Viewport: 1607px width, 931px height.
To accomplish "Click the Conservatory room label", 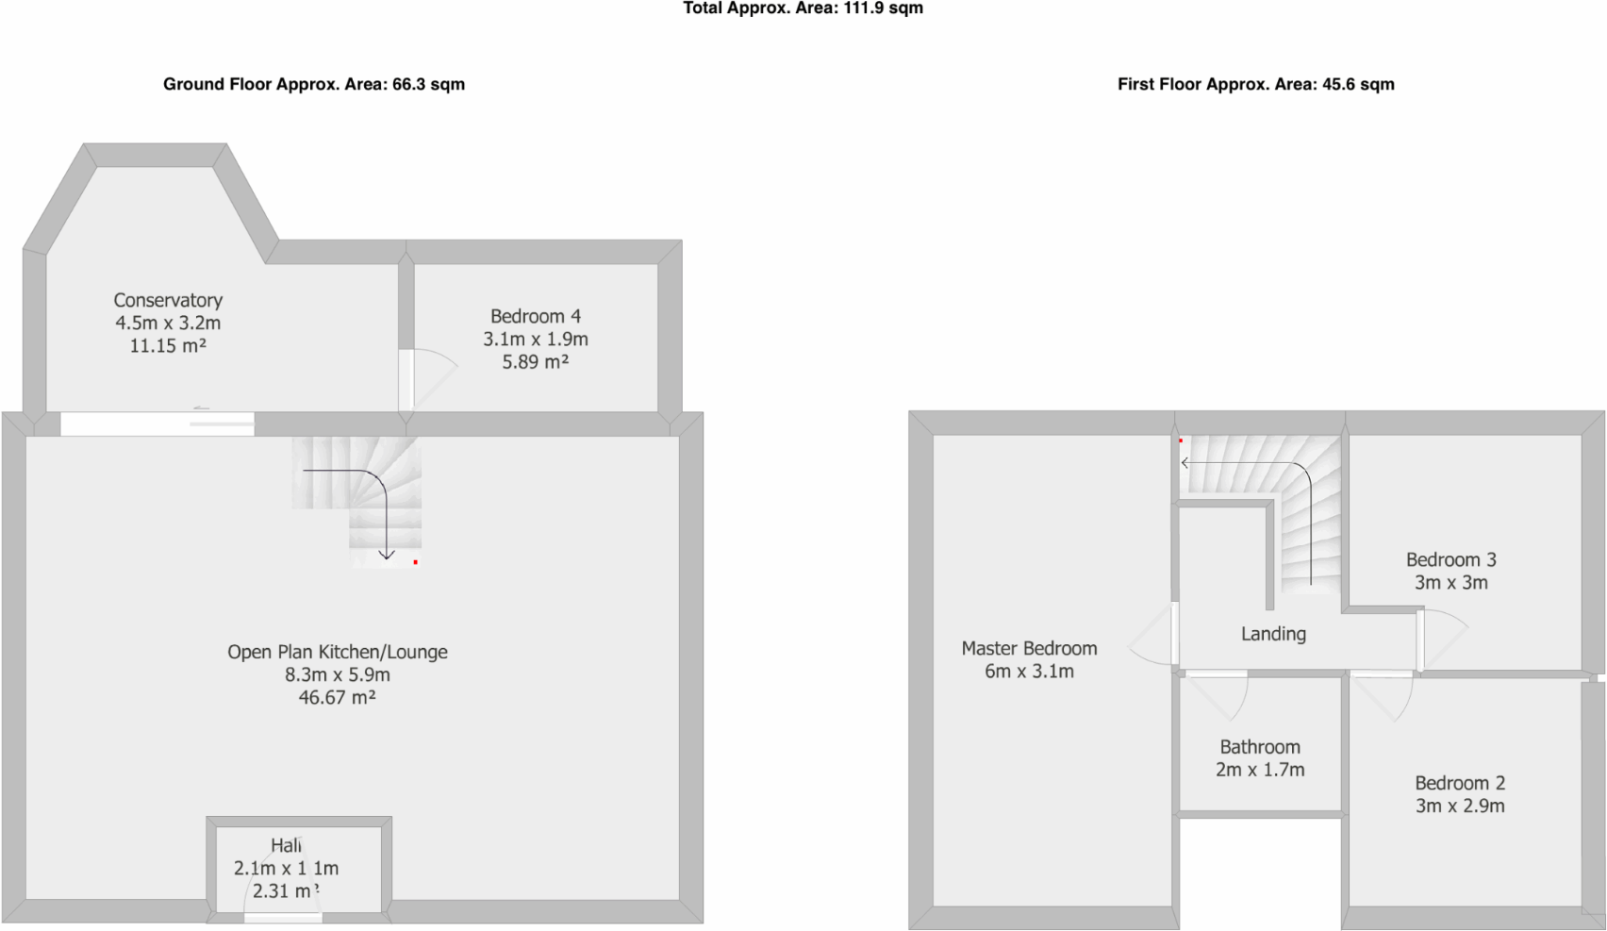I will [168, 300].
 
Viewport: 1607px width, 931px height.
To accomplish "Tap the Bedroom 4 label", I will [535, 316].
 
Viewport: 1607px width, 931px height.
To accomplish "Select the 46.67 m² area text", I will [337, 698].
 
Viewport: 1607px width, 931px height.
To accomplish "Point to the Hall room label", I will [286, 845].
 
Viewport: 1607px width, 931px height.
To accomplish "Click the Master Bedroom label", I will [1029, 648].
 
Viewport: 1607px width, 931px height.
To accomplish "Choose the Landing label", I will [1273, 634].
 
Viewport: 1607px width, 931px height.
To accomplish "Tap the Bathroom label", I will [1260, 747].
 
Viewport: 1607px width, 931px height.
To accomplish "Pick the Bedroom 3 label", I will [1450, 559].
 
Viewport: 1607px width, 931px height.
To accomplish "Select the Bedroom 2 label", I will [1459, 783].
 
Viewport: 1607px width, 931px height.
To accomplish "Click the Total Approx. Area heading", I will [803, 8].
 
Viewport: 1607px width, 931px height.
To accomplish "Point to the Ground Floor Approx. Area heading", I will [313, 84].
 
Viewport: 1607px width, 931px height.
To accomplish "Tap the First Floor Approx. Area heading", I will [1255, 84].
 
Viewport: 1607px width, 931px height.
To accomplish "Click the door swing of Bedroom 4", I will [432, 373].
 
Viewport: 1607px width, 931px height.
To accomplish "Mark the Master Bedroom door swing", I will [1151, 635].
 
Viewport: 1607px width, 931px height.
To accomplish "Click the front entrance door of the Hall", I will [283, 917].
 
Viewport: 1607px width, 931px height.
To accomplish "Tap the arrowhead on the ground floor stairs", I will [387, 556].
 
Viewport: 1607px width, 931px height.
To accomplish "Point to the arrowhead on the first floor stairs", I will [1185, 462].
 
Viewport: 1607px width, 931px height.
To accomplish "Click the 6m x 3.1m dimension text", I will [1029, 672].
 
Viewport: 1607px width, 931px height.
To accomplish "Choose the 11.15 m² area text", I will [168, 346].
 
